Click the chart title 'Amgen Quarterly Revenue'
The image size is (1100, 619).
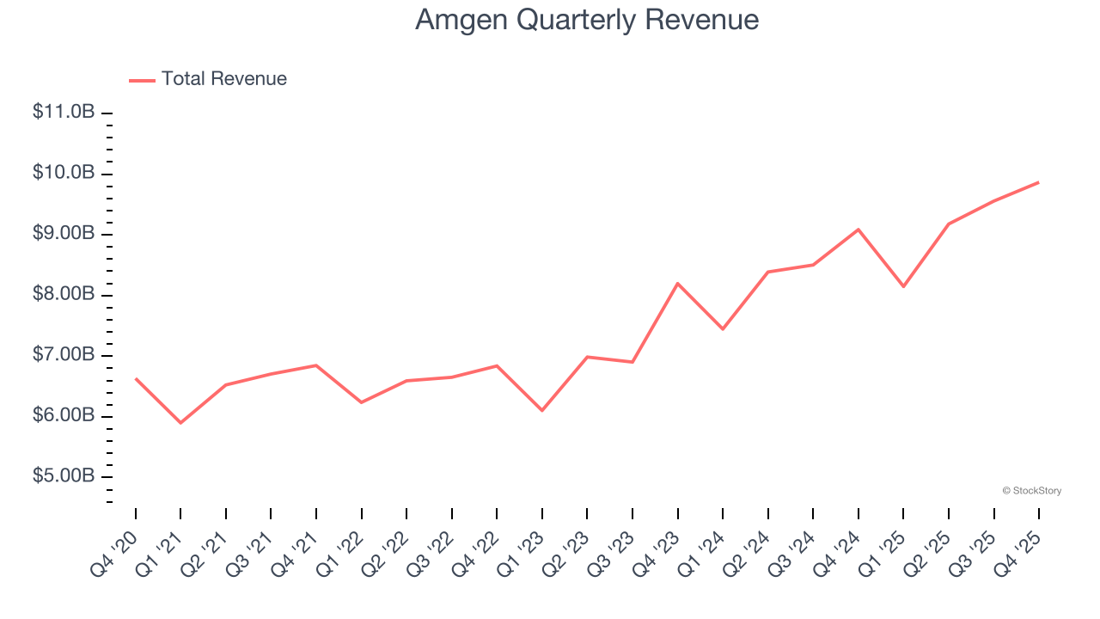point(587,20)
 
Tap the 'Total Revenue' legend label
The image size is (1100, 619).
point(223,79)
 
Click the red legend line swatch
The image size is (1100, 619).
point(142,80)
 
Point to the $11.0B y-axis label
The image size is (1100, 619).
point(64,112)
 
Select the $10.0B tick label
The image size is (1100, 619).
point(64,173)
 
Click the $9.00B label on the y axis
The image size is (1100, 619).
point(64,234)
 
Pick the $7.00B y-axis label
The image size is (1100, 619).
point(64,355)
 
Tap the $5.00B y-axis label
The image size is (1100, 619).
point(64,476)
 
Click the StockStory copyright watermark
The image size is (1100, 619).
point(1031,491)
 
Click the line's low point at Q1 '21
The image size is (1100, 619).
point(180,423)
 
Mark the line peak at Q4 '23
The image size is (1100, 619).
point(678,283)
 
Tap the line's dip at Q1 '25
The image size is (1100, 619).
point(903,286)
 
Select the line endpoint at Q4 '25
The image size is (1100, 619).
point(1039,182)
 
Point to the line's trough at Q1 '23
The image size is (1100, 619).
point(542,410)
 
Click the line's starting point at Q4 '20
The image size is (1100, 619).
point(136,378)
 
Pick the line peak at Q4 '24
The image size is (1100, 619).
point(859,230)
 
